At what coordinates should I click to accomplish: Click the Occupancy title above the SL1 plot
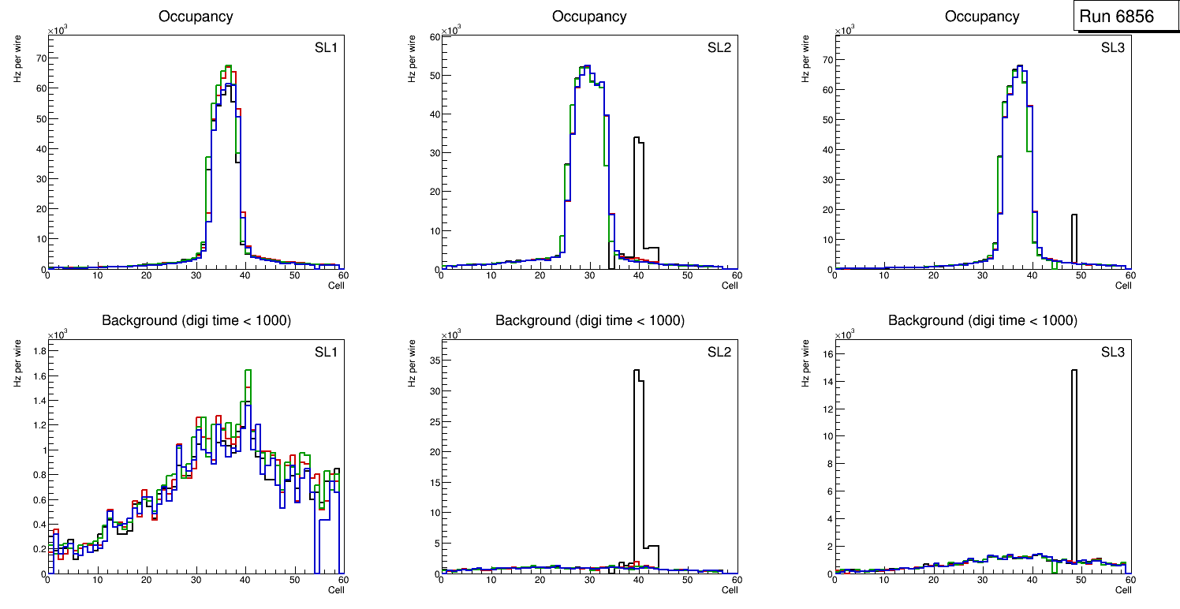[196, 16]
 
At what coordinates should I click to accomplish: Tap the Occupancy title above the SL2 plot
[589, 16]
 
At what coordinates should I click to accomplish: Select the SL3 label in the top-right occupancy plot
[1113, 48]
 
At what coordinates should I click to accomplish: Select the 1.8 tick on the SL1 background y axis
[37, 350]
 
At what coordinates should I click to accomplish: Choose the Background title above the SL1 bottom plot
[196, 320]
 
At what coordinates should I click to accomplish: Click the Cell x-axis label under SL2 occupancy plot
[730, 286]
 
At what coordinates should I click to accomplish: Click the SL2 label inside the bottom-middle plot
[719, 352]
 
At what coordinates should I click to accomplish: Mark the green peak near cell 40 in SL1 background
[248, 371]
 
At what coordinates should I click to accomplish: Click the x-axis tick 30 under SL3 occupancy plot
[983, 275]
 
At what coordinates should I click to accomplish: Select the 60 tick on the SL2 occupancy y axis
[432, 37]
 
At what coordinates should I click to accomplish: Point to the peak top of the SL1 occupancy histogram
[227, 66]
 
